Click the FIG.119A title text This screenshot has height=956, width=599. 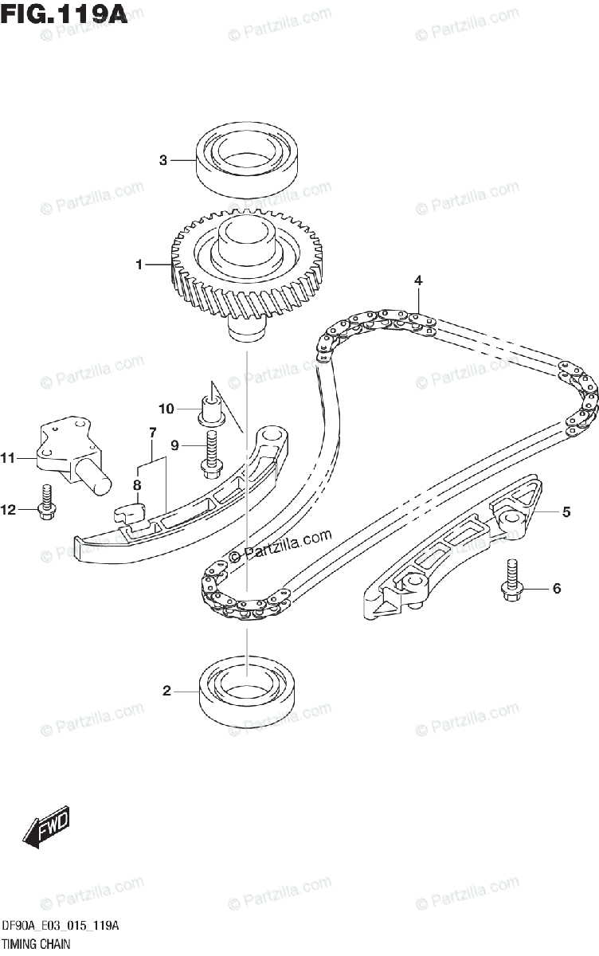point(65,14)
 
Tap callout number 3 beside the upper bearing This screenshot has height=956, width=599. point(162,160)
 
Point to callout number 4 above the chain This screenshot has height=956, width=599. point(417,280)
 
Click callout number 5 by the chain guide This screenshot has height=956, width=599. point(566,512)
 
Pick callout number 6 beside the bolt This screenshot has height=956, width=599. point(557,589)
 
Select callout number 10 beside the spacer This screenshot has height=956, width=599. point(166,409)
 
